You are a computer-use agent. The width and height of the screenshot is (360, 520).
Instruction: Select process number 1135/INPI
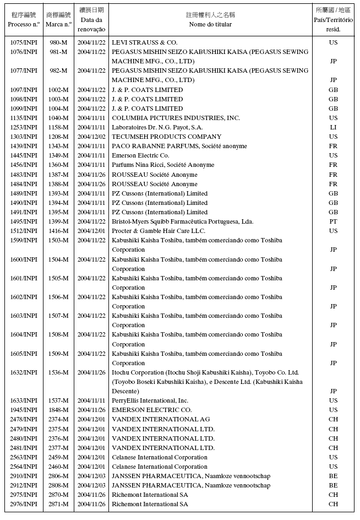[24, 118]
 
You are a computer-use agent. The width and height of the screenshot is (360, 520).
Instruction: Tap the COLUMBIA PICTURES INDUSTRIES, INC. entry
[176, 118]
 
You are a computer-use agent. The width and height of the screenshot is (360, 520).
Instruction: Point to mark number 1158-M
[58, 127]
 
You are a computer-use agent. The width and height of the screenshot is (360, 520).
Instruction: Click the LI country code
[333, 127]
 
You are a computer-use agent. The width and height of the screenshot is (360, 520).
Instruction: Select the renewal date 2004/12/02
[91, 137]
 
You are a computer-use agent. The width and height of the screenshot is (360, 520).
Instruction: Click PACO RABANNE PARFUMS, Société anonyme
[179, 146]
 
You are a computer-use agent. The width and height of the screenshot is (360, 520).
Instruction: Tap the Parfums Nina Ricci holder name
[163, 165]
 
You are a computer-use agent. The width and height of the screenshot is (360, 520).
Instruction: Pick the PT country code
[333, 221]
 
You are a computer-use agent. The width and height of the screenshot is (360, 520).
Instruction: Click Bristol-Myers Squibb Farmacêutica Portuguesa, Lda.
[182, 221]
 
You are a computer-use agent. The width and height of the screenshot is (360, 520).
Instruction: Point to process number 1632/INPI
[24, 372]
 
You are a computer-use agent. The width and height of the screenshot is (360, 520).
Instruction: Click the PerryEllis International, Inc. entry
[150, 400]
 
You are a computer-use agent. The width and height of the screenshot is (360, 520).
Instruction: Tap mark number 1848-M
[58, 410]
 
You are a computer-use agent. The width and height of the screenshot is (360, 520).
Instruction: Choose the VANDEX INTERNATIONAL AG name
[160, 419]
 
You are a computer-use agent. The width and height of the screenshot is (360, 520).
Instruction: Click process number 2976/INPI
[24, 504]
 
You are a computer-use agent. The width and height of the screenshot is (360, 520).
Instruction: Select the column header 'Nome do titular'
[210, 24]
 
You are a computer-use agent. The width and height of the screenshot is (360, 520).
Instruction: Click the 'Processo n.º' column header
[24, 24]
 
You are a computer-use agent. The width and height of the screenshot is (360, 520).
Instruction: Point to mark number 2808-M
[58, 485]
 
